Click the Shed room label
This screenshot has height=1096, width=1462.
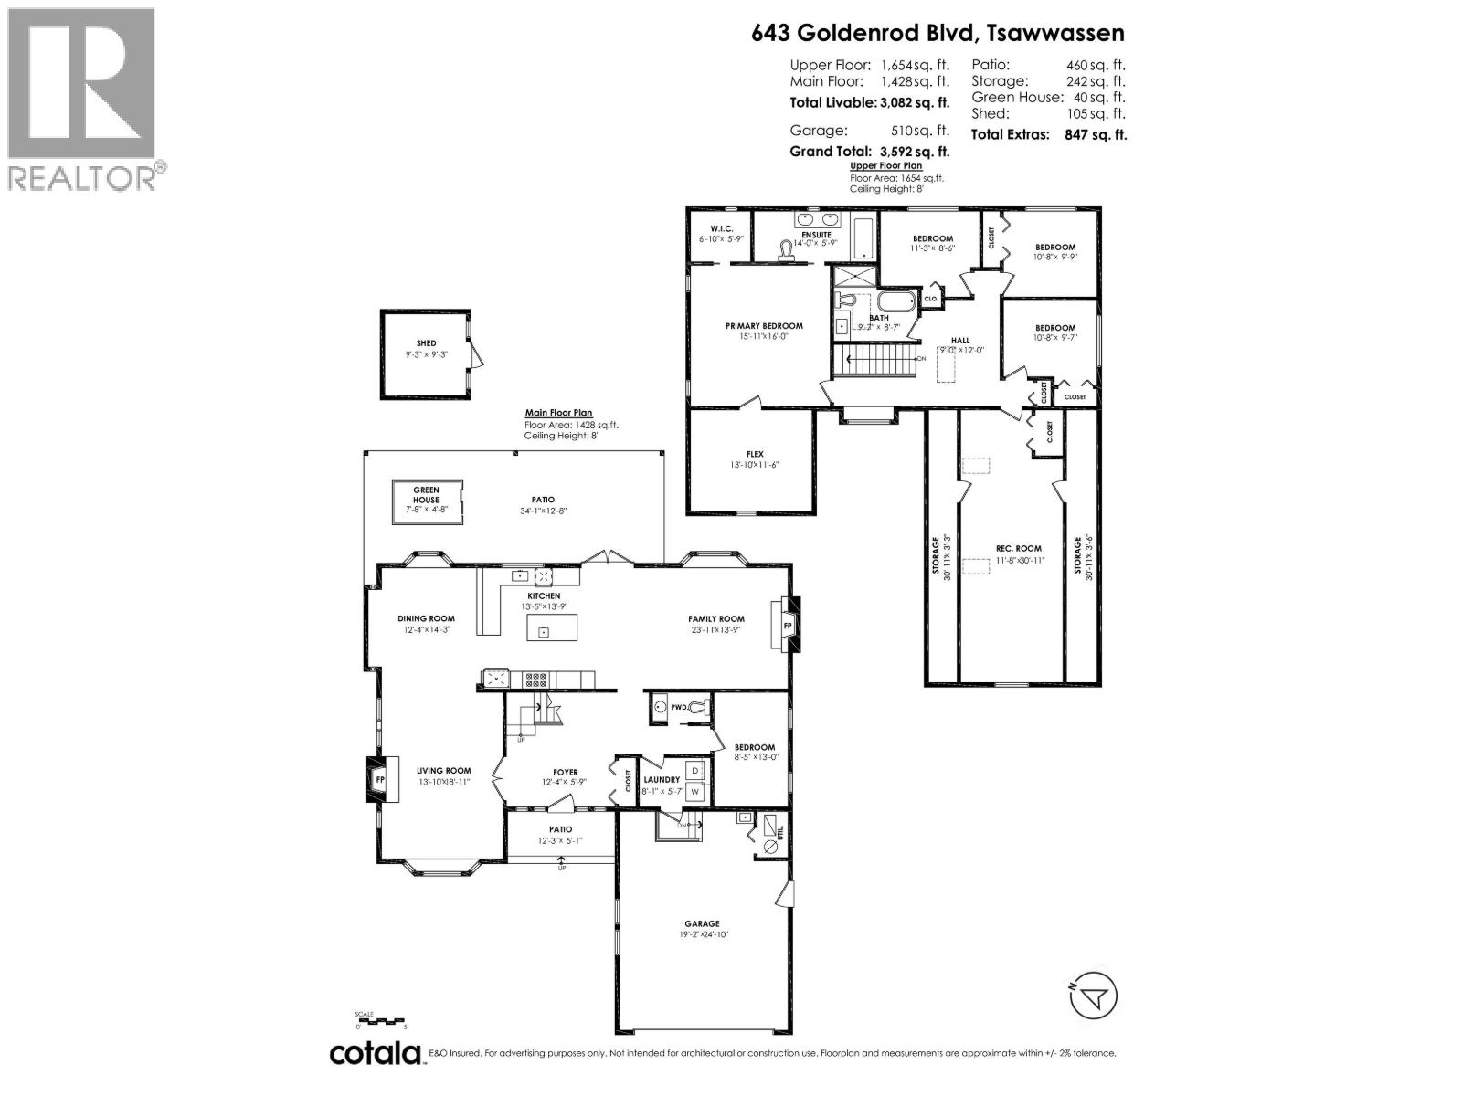pos(426,343)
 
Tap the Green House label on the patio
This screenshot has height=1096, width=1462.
pos(426,495)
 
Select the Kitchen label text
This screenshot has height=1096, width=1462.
pos(544,596)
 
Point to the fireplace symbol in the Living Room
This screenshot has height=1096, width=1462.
pos(380,779)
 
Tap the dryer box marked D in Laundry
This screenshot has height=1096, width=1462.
pos(694,770)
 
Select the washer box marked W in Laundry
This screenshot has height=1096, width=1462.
pos(694,792)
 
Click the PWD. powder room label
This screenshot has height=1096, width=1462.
pos(679,707)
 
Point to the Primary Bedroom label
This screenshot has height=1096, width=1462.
pos(764,326)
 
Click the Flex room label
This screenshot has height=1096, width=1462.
pos(755,454)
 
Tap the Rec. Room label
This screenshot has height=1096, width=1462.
pos(1018,549)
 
